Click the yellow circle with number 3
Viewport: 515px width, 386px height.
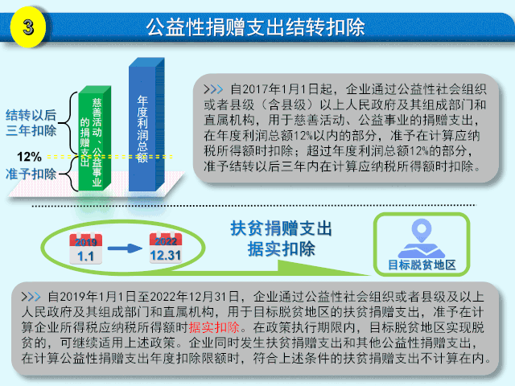tap(27, 27)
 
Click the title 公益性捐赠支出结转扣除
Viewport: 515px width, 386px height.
tap(255, 27)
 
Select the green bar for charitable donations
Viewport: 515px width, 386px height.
tap(94, 138)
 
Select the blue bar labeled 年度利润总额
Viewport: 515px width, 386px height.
tap(146, 125)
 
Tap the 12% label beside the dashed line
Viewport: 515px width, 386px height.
tap(29, 157)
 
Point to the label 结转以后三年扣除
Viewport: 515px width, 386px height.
tap(31, 123)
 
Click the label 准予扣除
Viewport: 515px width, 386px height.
tap(31, 174)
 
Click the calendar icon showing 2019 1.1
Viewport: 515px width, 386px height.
tap(86, 248)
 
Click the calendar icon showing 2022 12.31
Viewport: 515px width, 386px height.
tap(166, 248)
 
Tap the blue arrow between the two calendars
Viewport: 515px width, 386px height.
tap(126, 248)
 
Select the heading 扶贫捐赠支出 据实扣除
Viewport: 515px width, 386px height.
tap(281, 239)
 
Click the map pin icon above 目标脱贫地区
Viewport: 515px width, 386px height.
tap(422, 238)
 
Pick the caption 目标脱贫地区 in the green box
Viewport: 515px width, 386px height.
tap(422, 265)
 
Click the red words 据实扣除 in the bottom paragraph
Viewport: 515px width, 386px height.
tap(214, 327)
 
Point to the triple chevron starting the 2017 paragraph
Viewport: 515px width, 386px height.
tap(213, 89)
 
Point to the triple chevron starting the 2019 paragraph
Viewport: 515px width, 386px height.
tap(31, 297)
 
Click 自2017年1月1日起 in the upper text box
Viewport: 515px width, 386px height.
tap(282, 89)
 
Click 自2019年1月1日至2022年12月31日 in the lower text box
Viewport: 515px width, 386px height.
tap(143, 297)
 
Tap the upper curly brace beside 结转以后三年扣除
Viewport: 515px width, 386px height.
tap(70, 124)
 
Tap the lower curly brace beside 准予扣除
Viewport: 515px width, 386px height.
tap(70, 174)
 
